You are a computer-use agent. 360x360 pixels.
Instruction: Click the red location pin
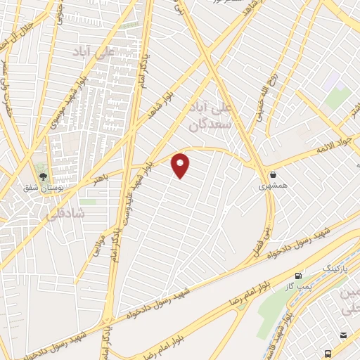click(181, 165)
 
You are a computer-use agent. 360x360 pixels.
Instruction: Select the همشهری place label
click(272, 187)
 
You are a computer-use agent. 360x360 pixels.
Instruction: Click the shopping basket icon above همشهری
click(272, 174)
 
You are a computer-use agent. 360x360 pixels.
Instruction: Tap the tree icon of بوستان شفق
click(44, 175)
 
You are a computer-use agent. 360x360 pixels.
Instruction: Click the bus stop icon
click(328, 352)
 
